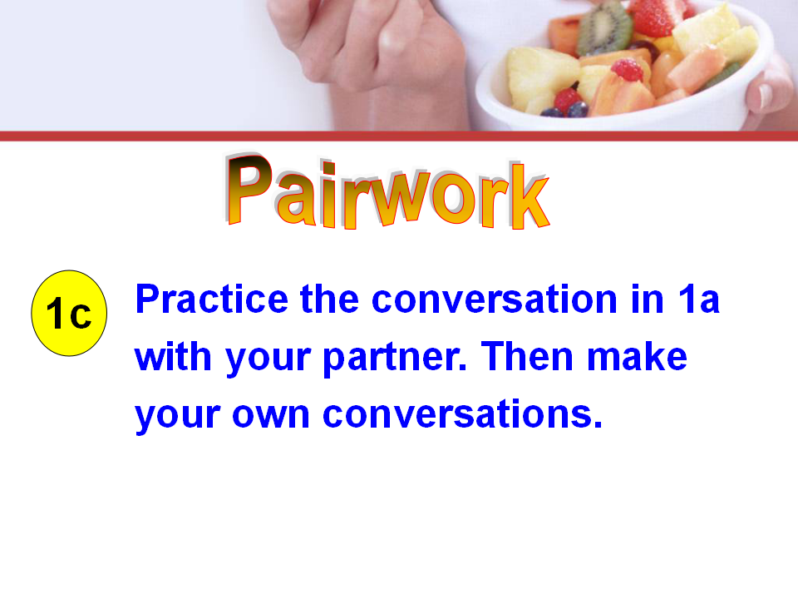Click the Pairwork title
click(387, 191)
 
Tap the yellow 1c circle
click(69, 313)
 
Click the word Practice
click(212, 300)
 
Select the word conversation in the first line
click(494, 299)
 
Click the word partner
click(395, 359)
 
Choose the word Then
click(527, 357)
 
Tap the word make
click(638, 357)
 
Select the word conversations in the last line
click(463, 414)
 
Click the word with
click(173, 357)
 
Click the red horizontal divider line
click(399, 136)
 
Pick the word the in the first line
click(330, 299)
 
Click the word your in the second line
click(268, 359)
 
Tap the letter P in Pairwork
click(250, 189)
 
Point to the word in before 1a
click(648, 299)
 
